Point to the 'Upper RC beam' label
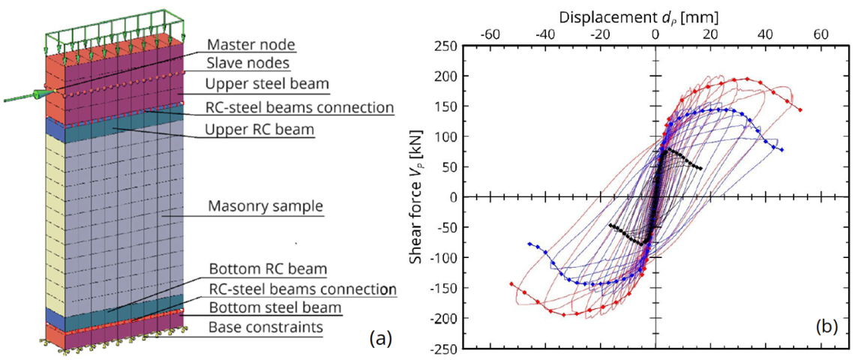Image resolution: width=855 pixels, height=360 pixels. coord(259,129)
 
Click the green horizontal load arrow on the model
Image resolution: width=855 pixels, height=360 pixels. coord(30,95)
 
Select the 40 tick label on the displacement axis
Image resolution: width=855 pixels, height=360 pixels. coord(765,34)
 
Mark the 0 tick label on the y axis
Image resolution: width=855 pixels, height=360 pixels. coord(452,197)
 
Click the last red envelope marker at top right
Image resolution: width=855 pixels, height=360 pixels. coord(801,110)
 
